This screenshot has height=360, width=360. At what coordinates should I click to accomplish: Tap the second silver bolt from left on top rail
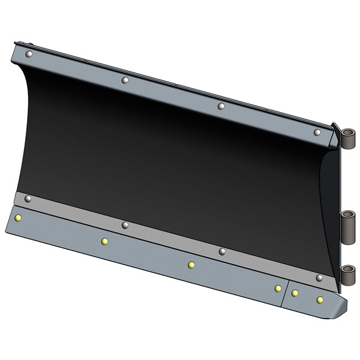click(x=125, y=80)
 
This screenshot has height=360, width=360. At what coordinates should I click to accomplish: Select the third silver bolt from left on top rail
click(x=221, y=106)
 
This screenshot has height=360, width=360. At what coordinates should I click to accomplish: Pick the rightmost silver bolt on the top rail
click(x=317, y=132)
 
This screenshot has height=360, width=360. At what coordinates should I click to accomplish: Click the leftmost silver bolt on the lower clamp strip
click(x=28, y=199)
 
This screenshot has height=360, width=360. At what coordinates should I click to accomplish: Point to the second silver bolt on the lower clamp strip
click(x=125, y=225)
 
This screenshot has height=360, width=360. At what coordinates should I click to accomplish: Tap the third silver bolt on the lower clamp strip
click(x=221, y=251)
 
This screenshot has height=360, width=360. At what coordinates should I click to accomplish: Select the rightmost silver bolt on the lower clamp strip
click(x=319, y=278)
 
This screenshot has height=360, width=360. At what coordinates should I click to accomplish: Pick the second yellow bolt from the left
click(x=104, y=241)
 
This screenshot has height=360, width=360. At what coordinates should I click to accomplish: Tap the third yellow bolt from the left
click(x=191, y=265)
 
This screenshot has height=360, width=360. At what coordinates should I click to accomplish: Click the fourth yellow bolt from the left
click(x=278, y=289)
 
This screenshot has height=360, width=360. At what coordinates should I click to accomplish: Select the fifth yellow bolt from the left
click(x=295, y=293)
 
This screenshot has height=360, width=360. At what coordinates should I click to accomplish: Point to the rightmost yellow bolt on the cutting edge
click(x=320, y=299)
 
